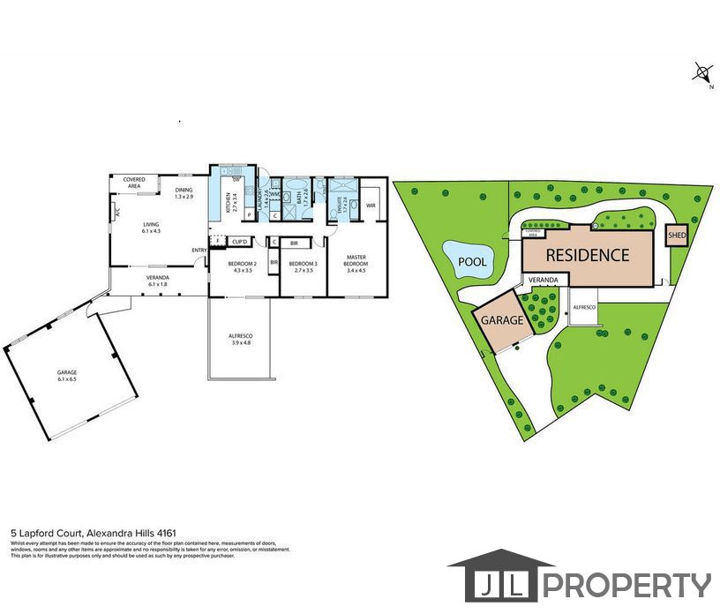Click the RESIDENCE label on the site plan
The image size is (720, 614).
click(x=587, y=256)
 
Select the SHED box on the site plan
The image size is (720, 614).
click(x=677, y=236)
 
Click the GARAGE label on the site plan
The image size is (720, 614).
click(x=503, y=321)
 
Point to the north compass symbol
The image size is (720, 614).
click(x=703, y=72)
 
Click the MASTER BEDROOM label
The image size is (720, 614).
click(x=356, y=261)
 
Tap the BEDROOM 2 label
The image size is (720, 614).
click(x=242, y=264)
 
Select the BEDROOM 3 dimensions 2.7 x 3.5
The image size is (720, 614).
click(x=303, y=270)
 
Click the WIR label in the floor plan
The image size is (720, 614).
click(x=371, y=206)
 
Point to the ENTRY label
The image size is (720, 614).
click(x=199, y=250)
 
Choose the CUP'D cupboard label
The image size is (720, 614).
click(x=238, y=241)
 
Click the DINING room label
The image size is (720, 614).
click(x=184, y=190)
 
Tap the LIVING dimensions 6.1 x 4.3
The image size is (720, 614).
click(x=152, y=230)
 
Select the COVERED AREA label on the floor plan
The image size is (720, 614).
click(x=134, y=183)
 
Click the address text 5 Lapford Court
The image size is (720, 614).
click(x=46, y=533)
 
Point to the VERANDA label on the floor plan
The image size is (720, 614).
click(x=158, y=278)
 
